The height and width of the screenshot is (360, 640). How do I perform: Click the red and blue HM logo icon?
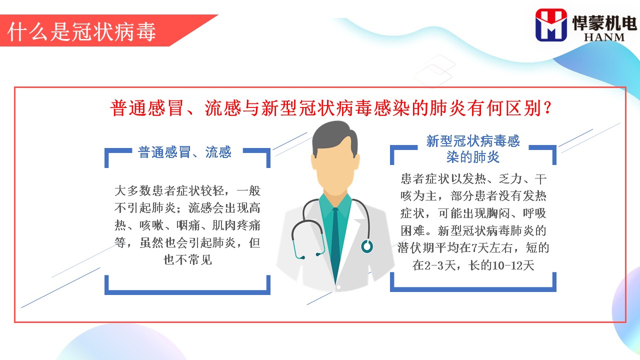pyautogui.click(x=551, y=25)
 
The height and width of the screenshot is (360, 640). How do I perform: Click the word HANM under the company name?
pyautogui.click(x=604, y=37)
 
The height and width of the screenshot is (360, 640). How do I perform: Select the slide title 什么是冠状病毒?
pyautogui.click(x=81, y=31)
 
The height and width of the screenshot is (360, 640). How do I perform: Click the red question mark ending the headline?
pyautogui.click(x=547, y=108)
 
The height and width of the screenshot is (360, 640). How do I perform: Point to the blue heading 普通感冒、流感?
pyautogui.click(x=184, y=152)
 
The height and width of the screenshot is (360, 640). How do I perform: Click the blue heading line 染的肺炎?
pyautogui.click(x=473, y=157)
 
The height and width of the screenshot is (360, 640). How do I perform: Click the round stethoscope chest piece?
pyautogui.click(x=367, y=246)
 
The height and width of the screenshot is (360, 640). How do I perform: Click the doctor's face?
pyautogui.click(x=335, y=168)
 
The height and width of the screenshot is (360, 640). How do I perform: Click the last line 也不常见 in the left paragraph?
pyautogui.click(x=187, y=260)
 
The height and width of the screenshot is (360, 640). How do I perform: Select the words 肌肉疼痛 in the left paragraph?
pyautogui.click(x=236, y=225)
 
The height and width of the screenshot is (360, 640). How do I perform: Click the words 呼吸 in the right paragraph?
pyautogui.click(x=534, y=213)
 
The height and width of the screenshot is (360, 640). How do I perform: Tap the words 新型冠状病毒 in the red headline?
pyautogui.click(x=316, y=108)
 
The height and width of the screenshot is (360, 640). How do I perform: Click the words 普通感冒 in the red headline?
pyautogui.click(x=147, y=108)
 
